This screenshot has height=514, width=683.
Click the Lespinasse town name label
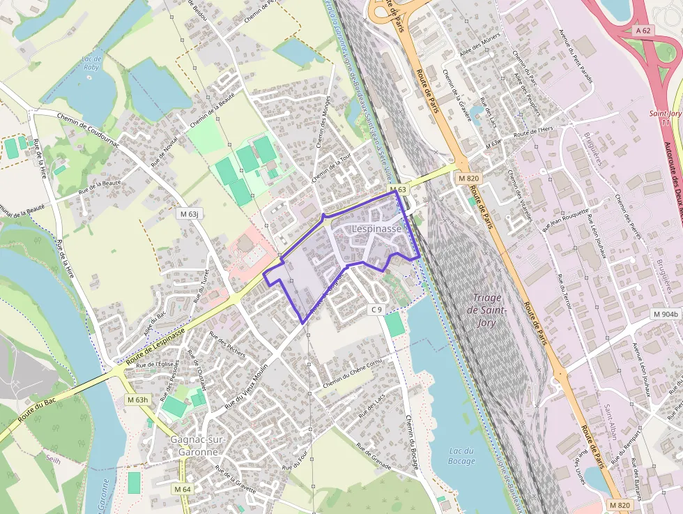tap(376, 228)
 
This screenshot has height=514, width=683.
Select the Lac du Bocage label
tap(461, 455)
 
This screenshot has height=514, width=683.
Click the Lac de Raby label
tap(91, 63)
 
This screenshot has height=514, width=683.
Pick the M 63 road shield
tap(398, 190)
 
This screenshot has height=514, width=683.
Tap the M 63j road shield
tap(188, 213)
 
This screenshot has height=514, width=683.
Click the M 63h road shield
tap(138, 400)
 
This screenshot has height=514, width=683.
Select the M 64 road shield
tap(183, 489)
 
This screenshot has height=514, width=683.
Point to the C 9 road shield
tap(376, 309)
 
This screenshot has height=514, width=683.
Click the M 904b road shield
tap(666, 315)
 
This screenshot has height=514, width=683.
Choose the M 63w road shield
tap(493, 144)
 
